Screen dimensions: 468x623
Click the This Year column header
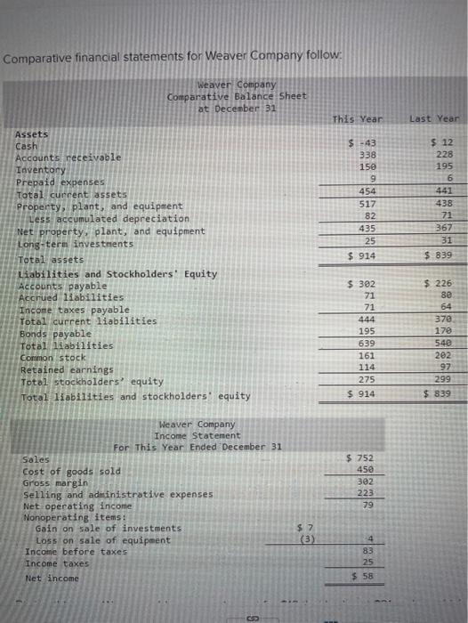coord(357,119)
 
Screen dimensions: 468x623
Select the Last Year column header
coord(434,119)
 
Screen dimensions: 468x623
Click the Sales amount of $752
coord(359,457)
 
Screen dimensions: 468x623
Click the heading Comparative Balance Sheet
coord(237,95)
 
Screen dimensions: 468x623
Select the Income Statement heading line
coord(198,435)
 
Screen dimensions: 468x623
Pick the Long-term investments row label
coord(75,243)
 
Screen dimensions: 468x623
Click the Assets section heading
coord(33,134)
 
